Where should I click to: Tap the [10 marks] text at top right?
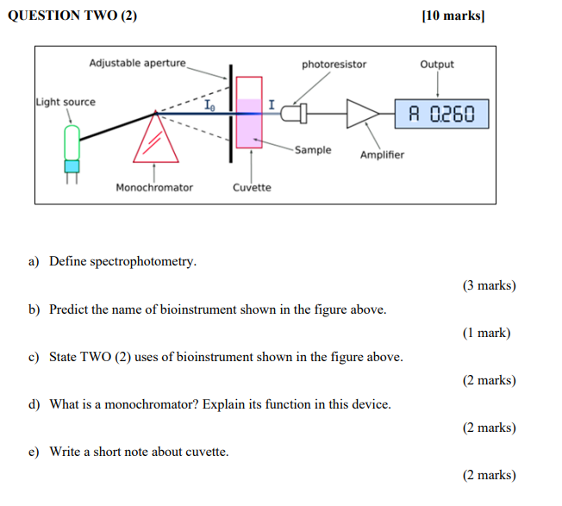click(x=453, y=16)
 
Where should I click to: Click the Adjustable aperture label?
click(x=138, y=63)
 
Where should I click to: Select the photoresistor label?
click(x=334, y=65)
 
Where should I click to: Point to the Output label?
click(x=437, y=65)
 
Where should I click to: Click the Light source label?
click(x=66, y=102)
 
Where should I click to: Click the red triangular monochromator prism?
click(x=155, y=140)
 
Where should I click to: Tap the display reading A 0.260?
click(x=441, y=114)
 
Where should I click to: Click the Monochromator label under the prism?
click(x=154, y=187)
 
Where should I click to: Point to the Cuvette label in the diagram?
click(x=252, y=187)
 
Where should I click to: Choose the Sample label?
click(x=312, y=150)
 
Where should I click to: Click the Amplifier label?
click(x=382, y=155)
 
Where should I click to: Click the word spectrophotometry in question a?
click(x=142, y=261)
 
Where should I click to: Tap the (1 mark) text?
click(x=486, y=333)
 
